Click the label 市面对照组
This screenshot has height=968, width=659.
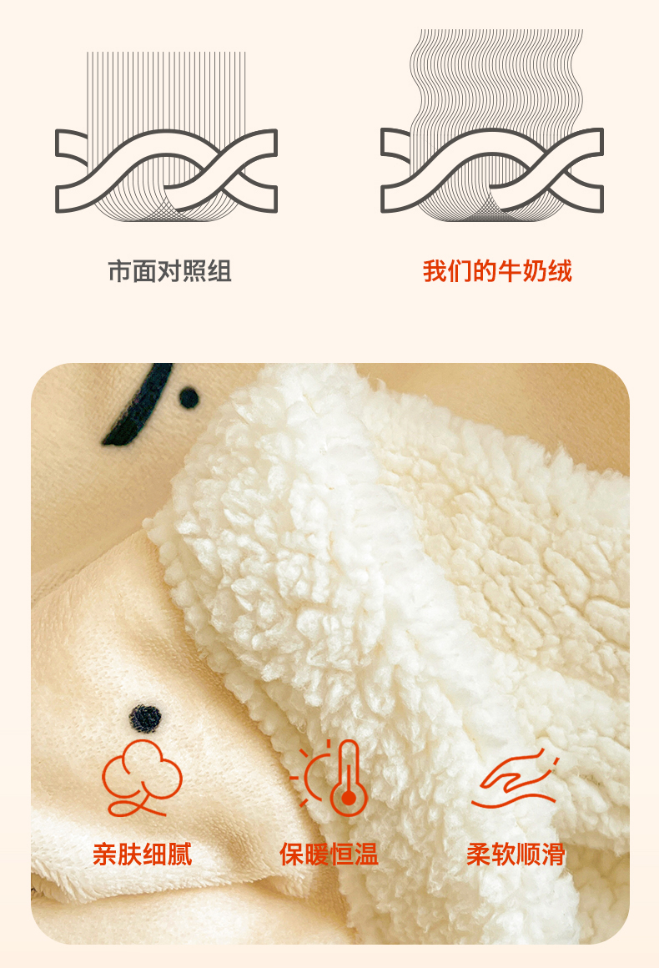coord(169,271)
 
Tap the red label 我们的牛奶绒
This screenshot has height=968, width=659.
coord(497,271)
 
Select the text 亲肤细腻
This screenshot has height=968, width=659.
coord(143,855)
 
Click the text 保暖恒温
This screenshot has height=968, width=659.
coord(329,855)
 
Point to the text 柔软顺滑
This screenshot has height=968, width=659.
coord(516,855)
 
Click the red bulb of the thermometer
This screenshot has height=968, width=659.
coord(349,799)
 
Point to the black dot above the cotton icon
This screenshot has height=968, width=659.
coord(146,718)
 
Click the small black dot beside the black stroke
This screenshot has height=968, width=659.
coord(189,398)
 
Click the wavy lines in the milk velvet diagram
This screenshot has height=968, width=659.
coord(496,80)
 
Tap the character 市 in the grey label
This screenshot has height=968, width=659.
coord(120,271)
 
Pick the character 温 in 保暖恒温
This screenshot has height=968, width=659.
coord(366,855)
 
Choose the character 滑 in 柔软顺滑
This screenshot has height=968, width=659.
coord(554,855)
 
